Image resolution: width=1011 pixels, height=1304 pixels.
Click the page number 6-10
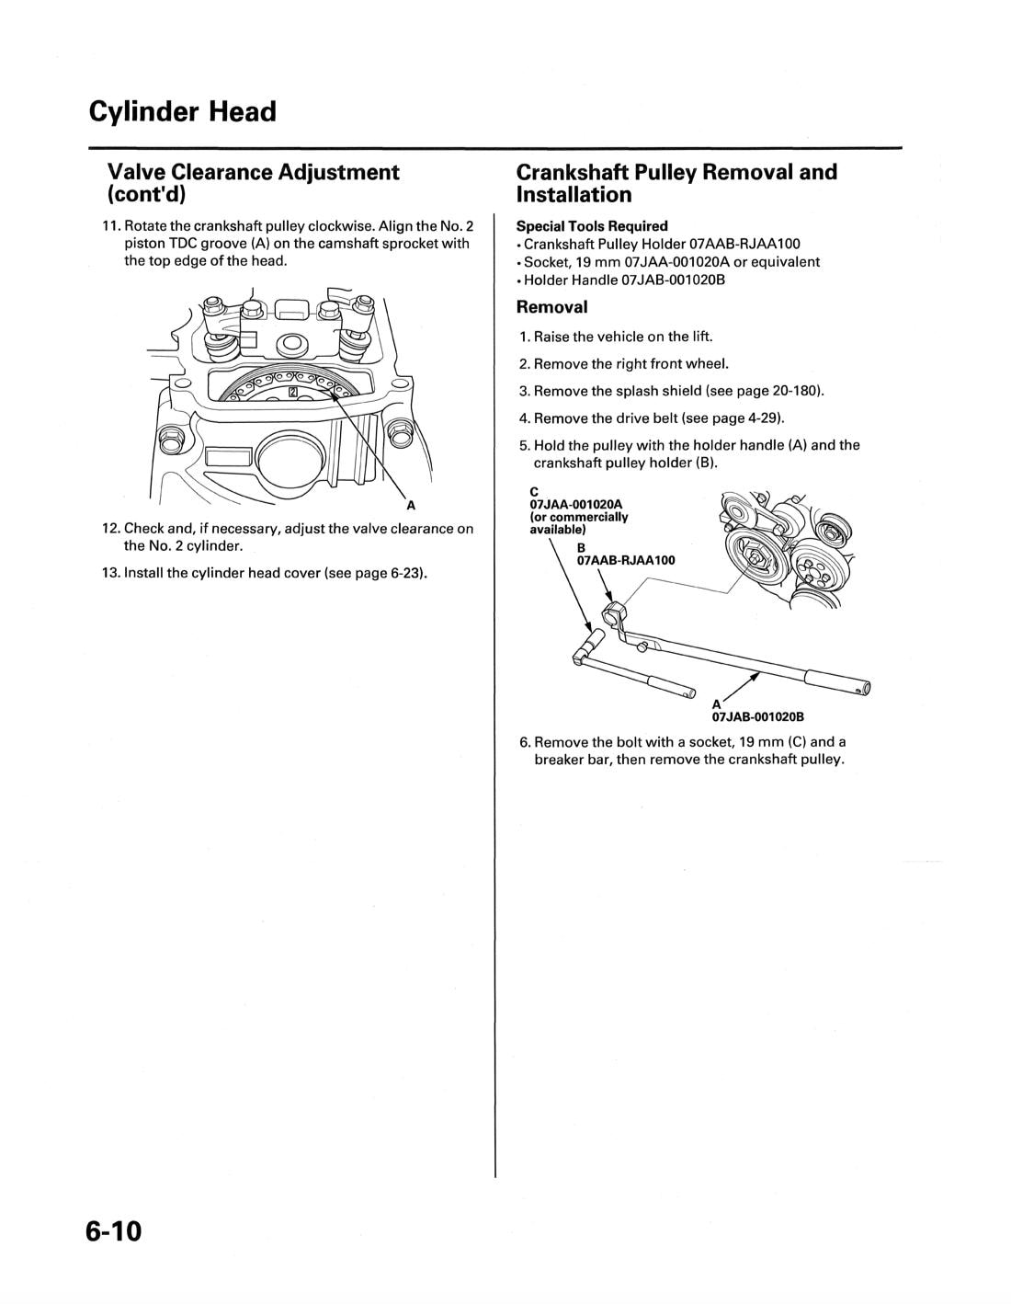coord(115,1230)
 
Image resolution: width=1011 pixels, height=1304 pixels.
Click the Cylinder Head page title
coord(183,112)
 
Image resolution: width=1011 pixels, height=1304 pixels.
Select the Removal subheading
coord(551,307)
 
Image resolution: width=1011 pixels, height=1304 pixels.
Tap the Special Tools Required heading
coord(592,226)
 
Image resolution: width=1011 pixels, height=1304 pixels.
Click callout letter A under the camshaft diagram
coord(410,505)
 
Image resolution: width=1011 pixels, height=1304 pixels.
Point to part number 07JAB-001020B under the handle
coord(752,717)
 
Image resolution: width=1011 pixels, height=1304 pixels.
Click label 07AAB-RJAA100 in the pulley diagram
coord(625,559)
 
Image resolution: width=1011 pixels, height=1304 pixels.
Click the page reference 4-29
coord(765,418)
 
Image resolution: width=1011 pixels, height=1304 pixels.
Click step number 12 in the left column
coord(111,529)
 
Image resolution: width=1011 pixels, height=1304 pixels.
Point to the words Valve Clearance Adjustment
coord(254,172)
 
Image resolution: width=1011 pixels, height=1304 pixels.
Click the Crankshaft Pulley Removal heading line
coord(676,172)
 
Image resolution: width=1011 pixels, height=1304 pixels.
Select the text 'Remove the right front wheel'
coord(630,363)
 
